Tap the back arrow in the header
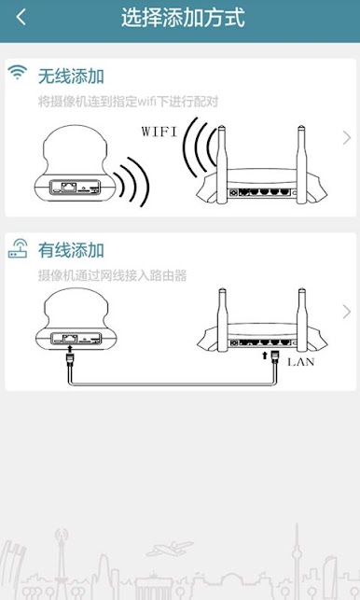pyautogui.click(x=21, y=17)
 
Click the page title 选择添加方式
pyautogui.click(x=183, y=18)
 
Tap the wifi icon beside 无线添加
pyautogui.click(x=18, y=72)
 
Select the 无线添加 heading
pyautogui.click(x=71, y=76)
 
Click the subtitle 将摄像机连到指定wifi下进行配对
pyautogui.click(x=128, y=102)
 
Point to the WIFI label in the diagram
pyautogui.click(x=159, y=132)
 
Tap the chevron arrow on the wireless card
pyautogui.click(x=347, y=138)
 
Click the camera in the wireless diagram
pyautogui.click(x=74, y=162)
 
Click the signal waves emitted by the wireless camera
pyautogui.click(x=134, y=181)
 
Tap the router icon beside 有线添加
pyautogui.click(x=18, y=248)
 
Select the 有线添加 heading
pyautogui.click(x=71, y=250)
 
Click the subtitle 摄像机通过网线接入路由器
pyautogui.click(x=113, y=275)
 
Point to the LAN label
pyautogui.click(x=300, y=362)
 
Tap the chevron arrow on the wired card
pyautogui.click(x=347, y=312)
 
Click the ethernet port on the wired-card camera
pyautogui.click(x=70, y=339)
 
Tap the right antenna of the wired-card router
pyautogui.click(x=302, y=319)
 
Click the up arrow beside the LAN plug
pyautogui.click(x=264, y=356)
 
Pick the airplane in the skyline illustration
pyautogui.click(x=170, y=548)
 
